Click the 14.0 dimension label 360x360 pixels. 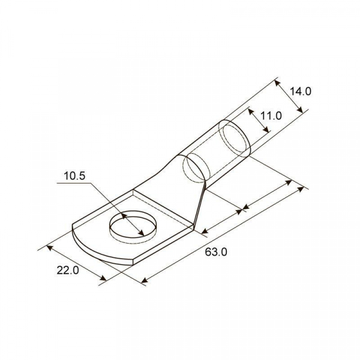pyautogui.click(x=301, y=91)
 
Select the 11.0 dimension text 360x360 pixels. pyautogui.click(x=271, y=116)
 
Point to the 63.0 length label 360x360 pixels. pyautogui.click(x=216, y=252)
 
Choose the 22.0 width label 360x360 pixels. pyautogui.click(x=68, y=270)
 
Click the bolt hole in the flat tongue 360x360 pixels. pyautogui.click(x=133, y=226)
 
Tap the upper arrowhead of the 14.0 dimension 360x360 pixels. pyautogui.click(x=278, y=83)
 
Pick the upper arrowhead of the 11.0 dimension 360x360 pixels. pyautogui.click(x=251, y=112)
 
